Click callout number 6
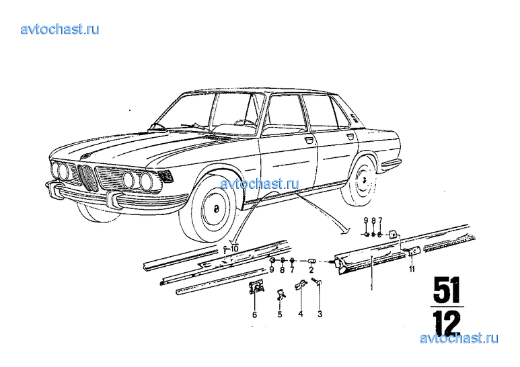pos(254,315)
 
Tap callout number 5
pos(280,315)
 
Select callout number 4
pos(301,313)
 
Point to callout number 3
pos(320,313)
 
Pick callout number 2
pos(311,270)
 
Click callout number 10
pos(235,249)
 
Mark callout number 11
pos(412,270)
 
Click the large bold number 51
pos(447,290)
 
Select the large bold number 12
pos(447,323)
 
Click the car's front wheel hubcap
pos(215,209)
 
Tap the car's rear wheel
pos(359,181)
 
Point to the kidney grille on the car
pos(88,177)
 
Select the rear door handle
pos(350,136)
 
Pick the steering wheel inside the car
pos(245,122)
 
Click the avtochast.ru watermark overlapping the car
pos(260,184)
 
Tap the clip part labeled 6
pos(256,287)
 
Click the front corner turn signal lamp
pos(166,175)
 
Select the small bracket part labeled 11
pos(411,251)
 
